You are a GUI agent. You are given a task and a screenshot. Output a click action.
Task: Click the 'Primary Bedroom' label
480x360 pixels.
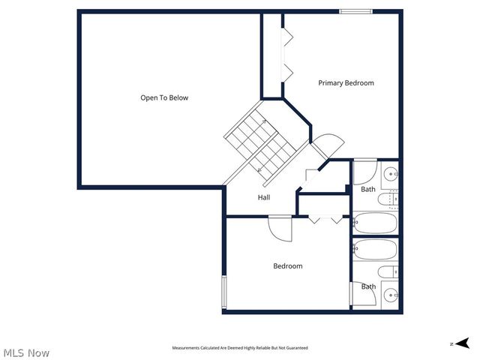[346, 83]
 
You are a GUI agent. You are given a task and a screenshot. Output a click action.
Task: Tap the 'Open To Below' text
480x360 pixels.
[164, 98]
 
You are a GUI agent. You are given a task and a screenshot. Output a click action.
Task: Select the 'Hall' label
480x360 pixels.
[264, 198]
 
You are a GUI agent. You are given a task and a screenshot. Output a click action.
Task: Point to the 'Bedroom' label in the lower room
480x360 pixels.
[287, 266]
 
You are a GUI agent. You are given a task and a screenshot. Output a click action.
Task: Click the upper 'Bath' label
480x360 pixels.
[367, 190]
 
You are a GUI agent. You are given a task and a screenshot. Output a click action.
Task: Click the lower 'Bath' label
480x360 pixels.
[368, 286]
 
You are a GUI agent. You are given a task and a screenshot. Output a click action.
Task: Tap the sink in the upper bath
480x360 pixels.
[391, 176]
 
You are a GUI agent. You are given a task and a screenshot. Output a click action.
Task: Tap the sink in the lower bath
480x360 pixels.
[390, 295]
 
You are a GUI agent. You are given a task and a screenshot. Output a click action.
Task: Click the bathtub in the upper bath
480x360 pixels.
[374, 223]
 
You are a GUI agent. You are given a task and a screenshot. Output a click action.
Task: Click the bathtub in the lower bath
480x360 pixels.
[374, 249]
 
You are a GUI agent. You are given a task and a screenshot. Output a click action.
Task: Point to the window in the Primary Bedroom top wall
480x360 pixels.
[355, 11]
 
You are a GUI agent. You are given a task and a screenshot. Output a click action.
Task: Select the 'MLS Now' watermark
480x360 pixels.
[26, 352]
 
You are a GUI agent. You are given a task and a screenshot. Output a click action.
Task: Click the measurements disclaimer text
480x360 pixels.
[240, 348]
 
